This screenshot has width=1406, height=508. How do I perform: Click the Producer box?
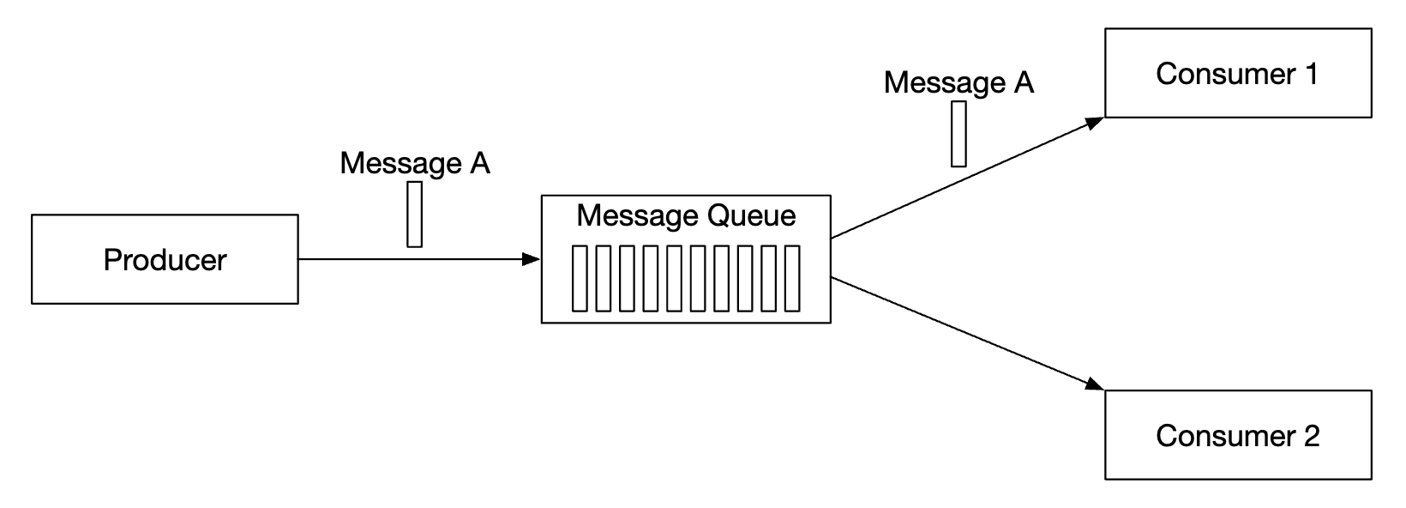click(x=165, y=259)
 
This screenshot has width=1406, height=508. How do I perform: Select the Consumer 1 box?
click(x=1237, y=73)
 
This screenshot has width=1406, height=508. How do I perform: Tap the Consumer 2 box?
click(x=1237, y=435)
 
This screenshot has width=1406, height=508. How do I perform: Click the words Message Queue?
click(x=686, y=215)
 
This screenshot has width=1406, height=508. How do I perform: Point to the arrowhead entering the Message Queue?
click(x=532, y=258)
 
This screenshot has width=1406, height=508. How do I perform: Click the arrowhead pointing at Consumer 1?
click(x=1096, y=122)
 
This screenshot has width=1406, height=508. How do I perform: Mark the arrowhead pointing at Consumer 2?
click(x=1096, y=384)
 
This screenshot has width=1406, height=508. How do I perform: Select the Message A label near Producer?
click(x=414, y=163)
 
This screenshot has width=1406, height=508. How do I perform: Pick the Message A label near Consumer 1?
click(x=958, y=82)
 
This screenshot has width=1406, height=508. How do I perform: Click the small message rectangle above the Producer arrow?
click(x=415, y=214)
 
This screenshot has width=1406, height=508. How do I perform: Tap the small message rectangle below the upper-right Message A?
click(x=958, y=134)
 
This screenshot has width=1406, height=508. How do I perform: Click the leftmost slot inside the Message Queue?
click(x=580, y=278)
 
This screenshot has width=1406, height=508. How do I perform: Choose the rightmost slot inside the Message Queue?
click(x=792, y=278)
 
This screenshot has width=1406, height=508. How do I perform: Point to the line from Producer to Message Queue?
click(x=412, y=258)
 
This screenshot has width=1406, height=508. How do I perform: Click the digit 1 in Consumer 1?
click(x=1311, y=74)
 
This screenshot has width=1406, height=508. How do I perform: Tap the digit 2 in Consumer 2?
click(x=1311, y=436)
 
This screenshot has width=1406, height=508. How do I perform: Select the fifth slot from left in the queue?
click(x=675, y=278)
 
